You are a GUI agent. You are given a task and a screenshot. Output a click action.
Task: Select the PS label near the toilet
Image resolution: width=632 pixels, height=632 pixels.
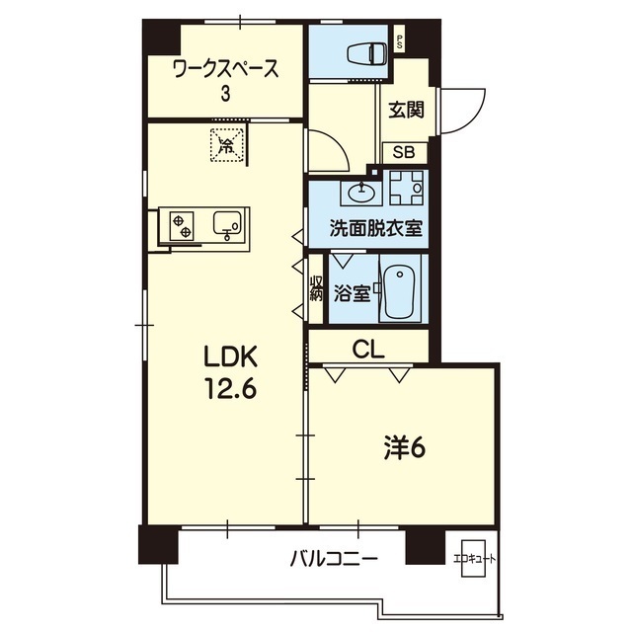[400, 41]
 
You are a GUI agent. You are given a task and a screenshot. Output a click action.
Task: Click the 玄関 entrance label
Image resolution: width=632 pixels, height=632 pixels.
[406, 110]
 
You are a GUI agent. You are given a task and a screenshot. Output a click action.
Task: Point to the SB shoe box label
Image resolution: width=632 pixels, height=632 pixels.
[405, 152]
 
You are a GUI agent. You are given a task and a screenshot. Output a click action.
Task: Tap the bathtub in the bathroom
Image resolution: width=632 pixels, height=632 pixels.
[400, 290]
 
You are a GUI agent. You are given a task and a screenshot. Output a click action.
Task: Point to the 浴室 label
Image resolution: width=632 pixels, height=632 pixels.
[351, 292]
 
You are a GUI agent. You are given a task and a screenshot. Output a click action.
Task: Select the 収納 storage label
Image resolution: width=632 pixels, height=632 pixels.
[316, 289]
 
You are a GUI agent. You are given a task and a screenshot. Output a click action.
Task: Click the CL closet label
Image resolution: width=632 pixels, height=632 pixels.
[368, 348]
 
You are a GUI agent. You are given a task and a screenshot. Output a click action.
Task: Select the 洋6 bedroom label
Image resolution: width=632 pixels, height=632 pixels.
[404, 448]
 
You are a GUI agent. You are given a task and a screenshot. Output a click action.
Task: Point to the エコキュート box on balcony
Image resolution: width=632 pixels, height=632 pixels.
[475, 558]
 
